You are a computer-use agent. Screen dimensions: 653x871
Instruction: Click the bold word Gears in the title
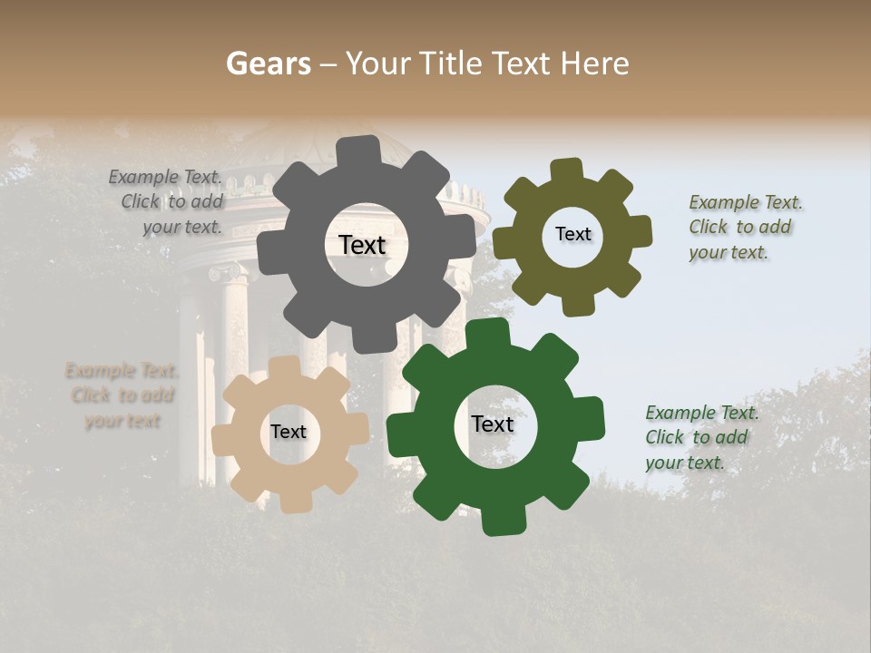tap(266, 63)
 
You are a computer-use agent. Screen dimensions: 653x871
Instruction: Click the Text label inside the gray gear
tap(362, 245)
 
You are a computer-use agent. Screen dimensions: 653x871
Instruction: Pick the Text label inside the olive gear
tap(573, 234)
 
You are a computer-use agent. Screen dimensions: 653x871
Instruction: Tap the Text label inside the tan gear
tap(288, 432)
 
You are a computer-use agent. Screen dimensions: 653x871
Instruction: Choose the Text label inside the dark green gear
tap(493, 424)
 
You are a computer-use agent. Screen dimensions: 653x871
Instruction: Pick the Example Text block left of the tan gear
tap(122, 395)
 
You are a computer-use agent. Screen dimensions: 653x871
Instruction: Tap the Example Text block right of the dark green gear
tap(701, 437)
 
